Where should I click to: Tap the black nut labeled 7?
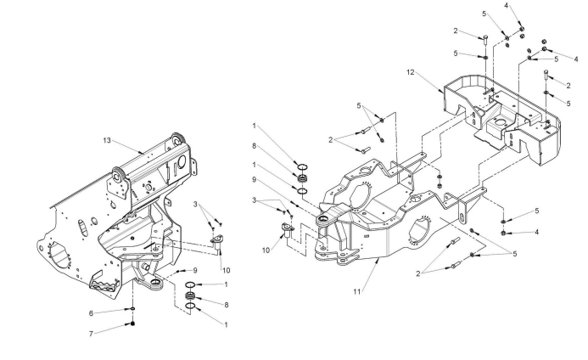pyautogui.click(x=134, y=324)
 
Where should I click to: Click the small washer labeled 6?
pyautogui.click(x=134, y=307)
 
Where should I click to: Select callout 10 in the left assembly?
pyautogui.click(x=227, y=270)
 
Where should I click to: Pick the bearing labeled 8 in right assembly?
pyautogui.click(x=300, y=178)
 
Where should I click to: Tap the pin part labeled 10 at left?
pyautogui.click(x=218, y=241)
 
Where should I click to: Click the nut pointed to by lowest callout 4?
pyautogui.click(x=504, y=232)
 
